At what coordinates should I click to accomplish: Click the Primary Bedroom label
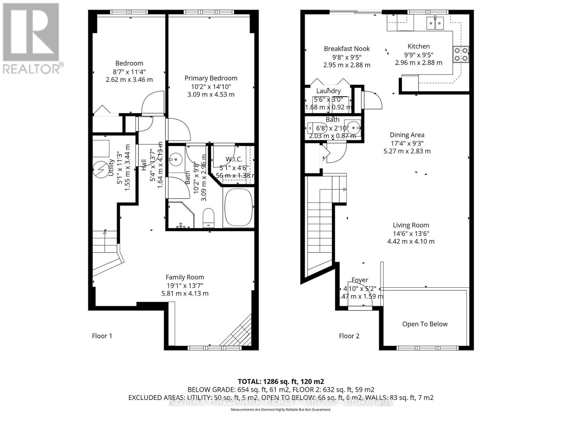211,78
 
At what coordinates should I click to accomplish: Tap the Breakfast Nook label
347,49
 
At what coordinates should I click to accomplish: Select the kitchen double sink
435,24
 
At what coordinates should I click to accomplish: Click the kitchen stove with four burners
460,54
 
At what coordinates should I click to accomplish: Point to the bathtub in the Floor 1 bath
238,208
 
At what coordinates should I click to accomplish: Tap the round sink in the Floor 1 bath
175,160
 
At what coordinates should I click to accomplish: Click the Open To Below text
425,324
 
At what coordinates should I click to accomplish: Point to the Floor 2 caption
349,336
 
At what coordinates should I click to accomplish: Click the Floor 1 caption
102,336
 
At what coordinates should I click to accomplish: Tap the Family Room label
185,277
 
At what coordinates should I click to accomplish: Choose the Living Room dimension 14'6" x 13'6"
411,233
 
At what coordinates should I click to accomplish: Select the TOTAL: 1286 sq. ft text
281,381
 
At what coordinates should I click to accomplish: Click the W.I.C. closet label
231,159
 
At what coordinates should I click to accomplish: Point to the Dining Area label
407,135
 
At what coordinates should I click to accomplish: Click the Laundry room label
328,91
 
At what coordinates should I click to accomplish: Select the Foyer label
360,280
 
